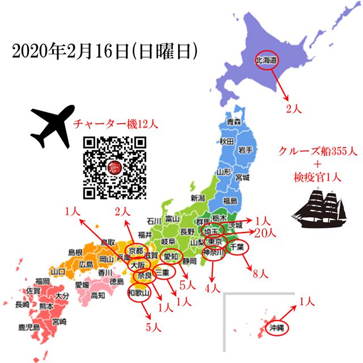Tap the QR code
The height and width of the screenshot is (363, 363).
[x=115, y=168]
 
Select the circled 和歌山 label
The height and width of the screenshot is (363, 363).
[x=138, y=293]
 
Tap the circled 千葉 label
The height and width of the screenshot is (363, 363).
[x=237, y=247]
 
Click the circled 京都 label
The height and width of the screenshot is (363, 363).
[x=137, y=251]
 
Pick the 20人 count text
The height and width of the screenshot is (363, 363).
[x=265, y=232]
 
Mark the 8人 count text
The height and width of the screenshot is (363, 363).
[x=260, y=274]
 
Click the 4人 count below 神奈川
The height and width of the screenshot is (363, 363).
[x=212, y=288]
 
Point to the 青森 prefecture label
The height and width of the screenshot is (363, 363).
[x=234, y=122]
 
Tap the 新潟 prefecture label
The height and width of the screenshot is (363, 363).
[x=197, y=198]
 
